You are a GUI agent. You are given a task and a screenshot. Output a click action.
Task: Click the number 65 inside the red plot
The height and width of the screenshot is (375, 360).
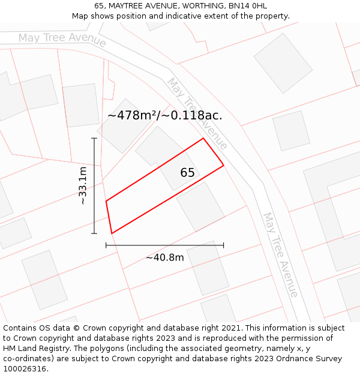[x=187, y=173]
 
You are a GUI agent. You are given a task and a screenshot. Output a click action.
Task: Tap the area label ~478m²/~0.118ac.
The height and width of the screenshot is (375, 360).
[x=165, y=116]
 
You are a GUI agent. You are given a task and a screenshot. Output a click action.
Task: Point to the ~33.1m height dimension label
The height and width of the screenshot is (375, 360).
[x=83, y=186]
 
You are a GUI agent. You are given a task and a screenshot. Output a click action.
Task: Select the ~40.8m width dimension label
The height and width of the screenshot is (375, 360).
[x=164, y=257]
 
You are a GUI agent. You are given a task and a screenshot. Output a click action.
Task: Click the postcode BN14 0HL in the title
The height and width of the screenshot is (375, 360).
[x=251, y=6]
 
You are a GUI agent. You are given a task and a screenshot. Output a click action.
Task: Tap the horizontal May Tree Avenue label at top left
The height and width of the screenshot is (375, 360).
[x=62, y=40]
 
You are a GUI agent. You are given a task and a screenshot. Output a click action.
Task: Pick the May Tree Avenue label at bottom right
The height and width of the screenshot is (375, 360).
[x=280, y=254]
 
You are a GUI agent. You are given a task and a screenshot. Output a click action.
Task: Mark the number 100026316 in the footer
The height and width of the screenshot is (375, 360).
[x=25, y=369]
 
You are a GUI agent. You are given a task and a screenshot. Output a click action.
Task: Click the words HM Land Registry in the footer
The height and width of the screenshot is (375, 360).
[x=32, y=349]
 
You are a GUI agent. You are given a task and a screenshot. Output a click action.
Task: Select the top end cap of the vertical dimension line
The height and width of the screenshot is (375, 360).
[x=94, y=139]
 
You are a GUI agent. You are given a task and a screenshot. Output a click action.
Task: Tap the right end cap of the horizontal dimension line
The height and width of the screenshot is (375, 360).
[x=223, y=245]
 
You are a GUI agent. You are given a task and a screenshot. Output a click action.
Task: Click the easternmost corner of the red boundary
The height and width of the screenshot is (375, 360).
[x=224, y=165]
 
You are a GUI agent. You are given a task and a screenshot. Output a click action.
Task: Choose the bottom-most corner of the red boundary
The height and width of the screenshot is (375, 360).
[x=112, y=233]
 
